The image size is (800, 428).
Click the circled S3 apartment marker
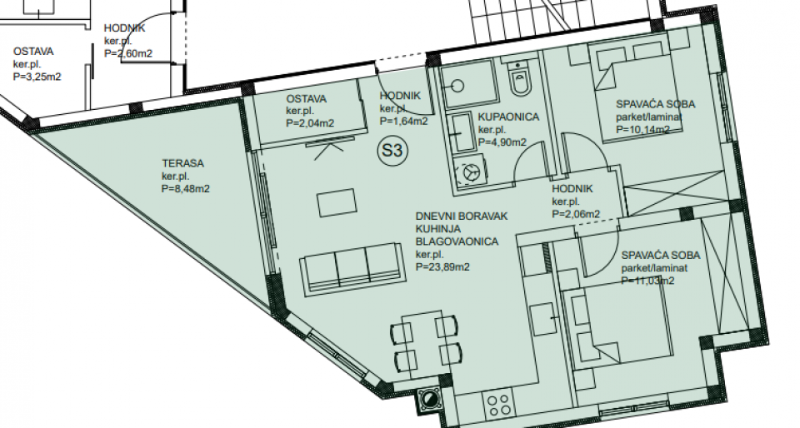[392, 151]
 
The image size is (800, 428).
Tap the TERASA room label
[182, 163]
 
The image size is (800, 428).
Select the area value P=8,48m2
[186, 189]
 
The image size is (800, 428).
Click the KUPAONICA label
[508, 117]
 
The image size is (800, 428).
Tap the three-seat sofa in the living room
[353, 268]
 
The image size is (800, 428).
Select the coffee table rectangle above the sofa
[336, 203]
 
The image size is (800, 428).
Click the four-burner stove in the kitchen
[498, 405]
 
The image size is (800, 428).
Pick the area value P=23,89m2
[442, 267]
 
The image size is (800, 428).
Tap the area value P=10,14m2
[642, 129]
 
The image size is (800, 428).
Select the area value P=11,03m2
[648, 281]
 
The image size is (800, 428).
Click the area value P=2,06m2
[576, 215]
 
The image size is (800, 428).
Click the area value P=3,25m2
[37, 77]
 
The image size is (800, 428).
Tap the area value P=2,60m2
[128, 53]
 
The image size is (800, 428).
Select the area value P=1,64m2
[403, 122]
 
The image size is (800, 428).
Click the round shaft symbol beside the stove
[429, 399]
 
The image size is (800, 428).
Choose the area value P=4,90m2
[502, 142]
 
